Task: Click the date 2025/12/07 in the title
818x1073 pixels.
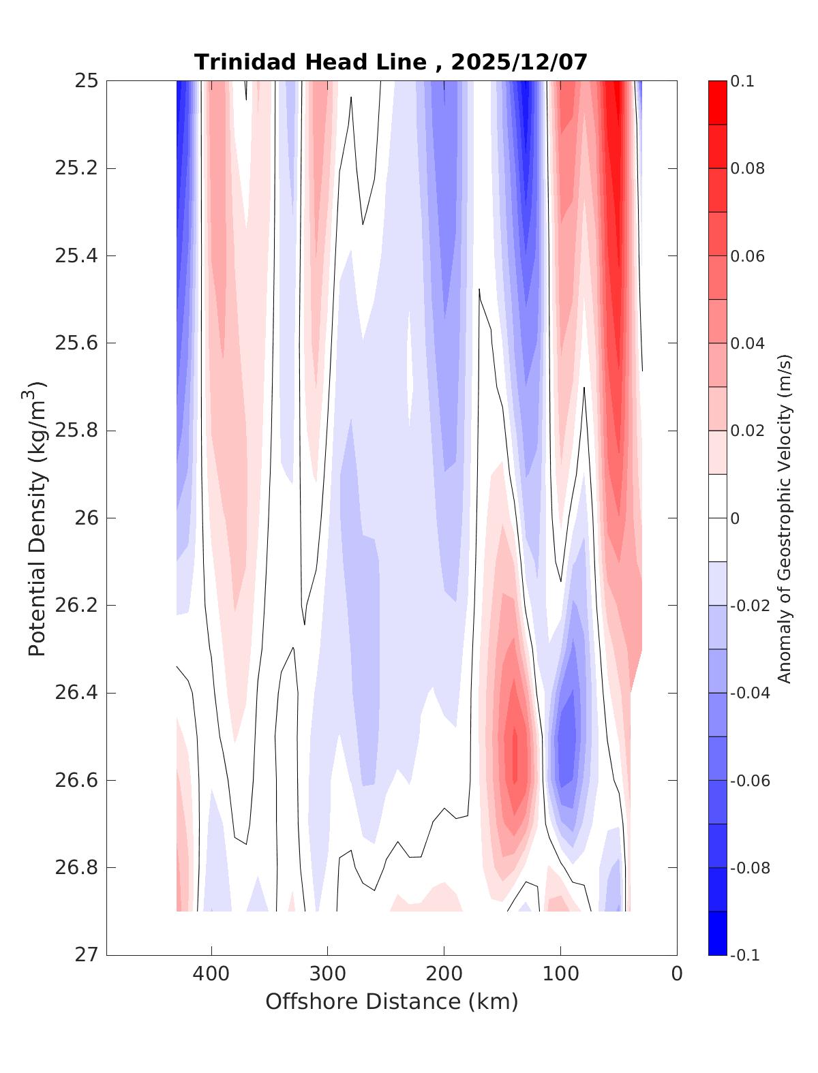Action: (x=519, y=62)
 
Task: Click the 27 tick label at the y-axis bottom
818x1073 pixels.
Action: (x=86, y=955)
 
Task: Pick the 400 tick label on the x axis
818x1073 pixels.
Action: (x=211, y=975)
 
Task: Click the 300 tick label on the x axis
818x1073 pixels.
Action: (x=327, y=975)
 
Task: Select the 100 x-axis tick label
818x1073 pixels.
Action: (x=560, y=975)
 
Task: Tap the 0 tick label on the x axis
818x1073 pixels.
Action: (x=677, y=975)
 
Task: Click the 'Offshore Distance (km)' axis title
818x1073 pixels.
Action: (x=391, y=1002)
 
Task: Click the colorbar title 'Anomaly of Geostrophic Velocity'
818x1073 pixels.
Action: (x=785, y=518)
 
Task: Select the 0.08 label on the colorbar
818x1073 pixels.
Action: (x=748, y=169)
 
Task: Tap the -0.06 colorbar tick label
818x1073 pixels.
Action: (x=750, y=781)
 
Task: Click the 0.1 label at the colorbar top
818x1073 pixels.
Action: (x=742, y=82)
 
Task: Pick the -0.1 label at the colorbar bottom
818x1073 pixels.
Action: (x=744, y=956)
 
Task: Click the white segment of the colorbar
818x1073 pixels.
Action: (x=717, y=518)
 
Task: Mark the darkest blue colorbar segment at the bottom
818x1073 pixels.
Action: (x=717, y=933)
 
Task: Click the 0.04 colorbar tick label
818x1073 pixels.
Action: (x=748, y=343)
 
